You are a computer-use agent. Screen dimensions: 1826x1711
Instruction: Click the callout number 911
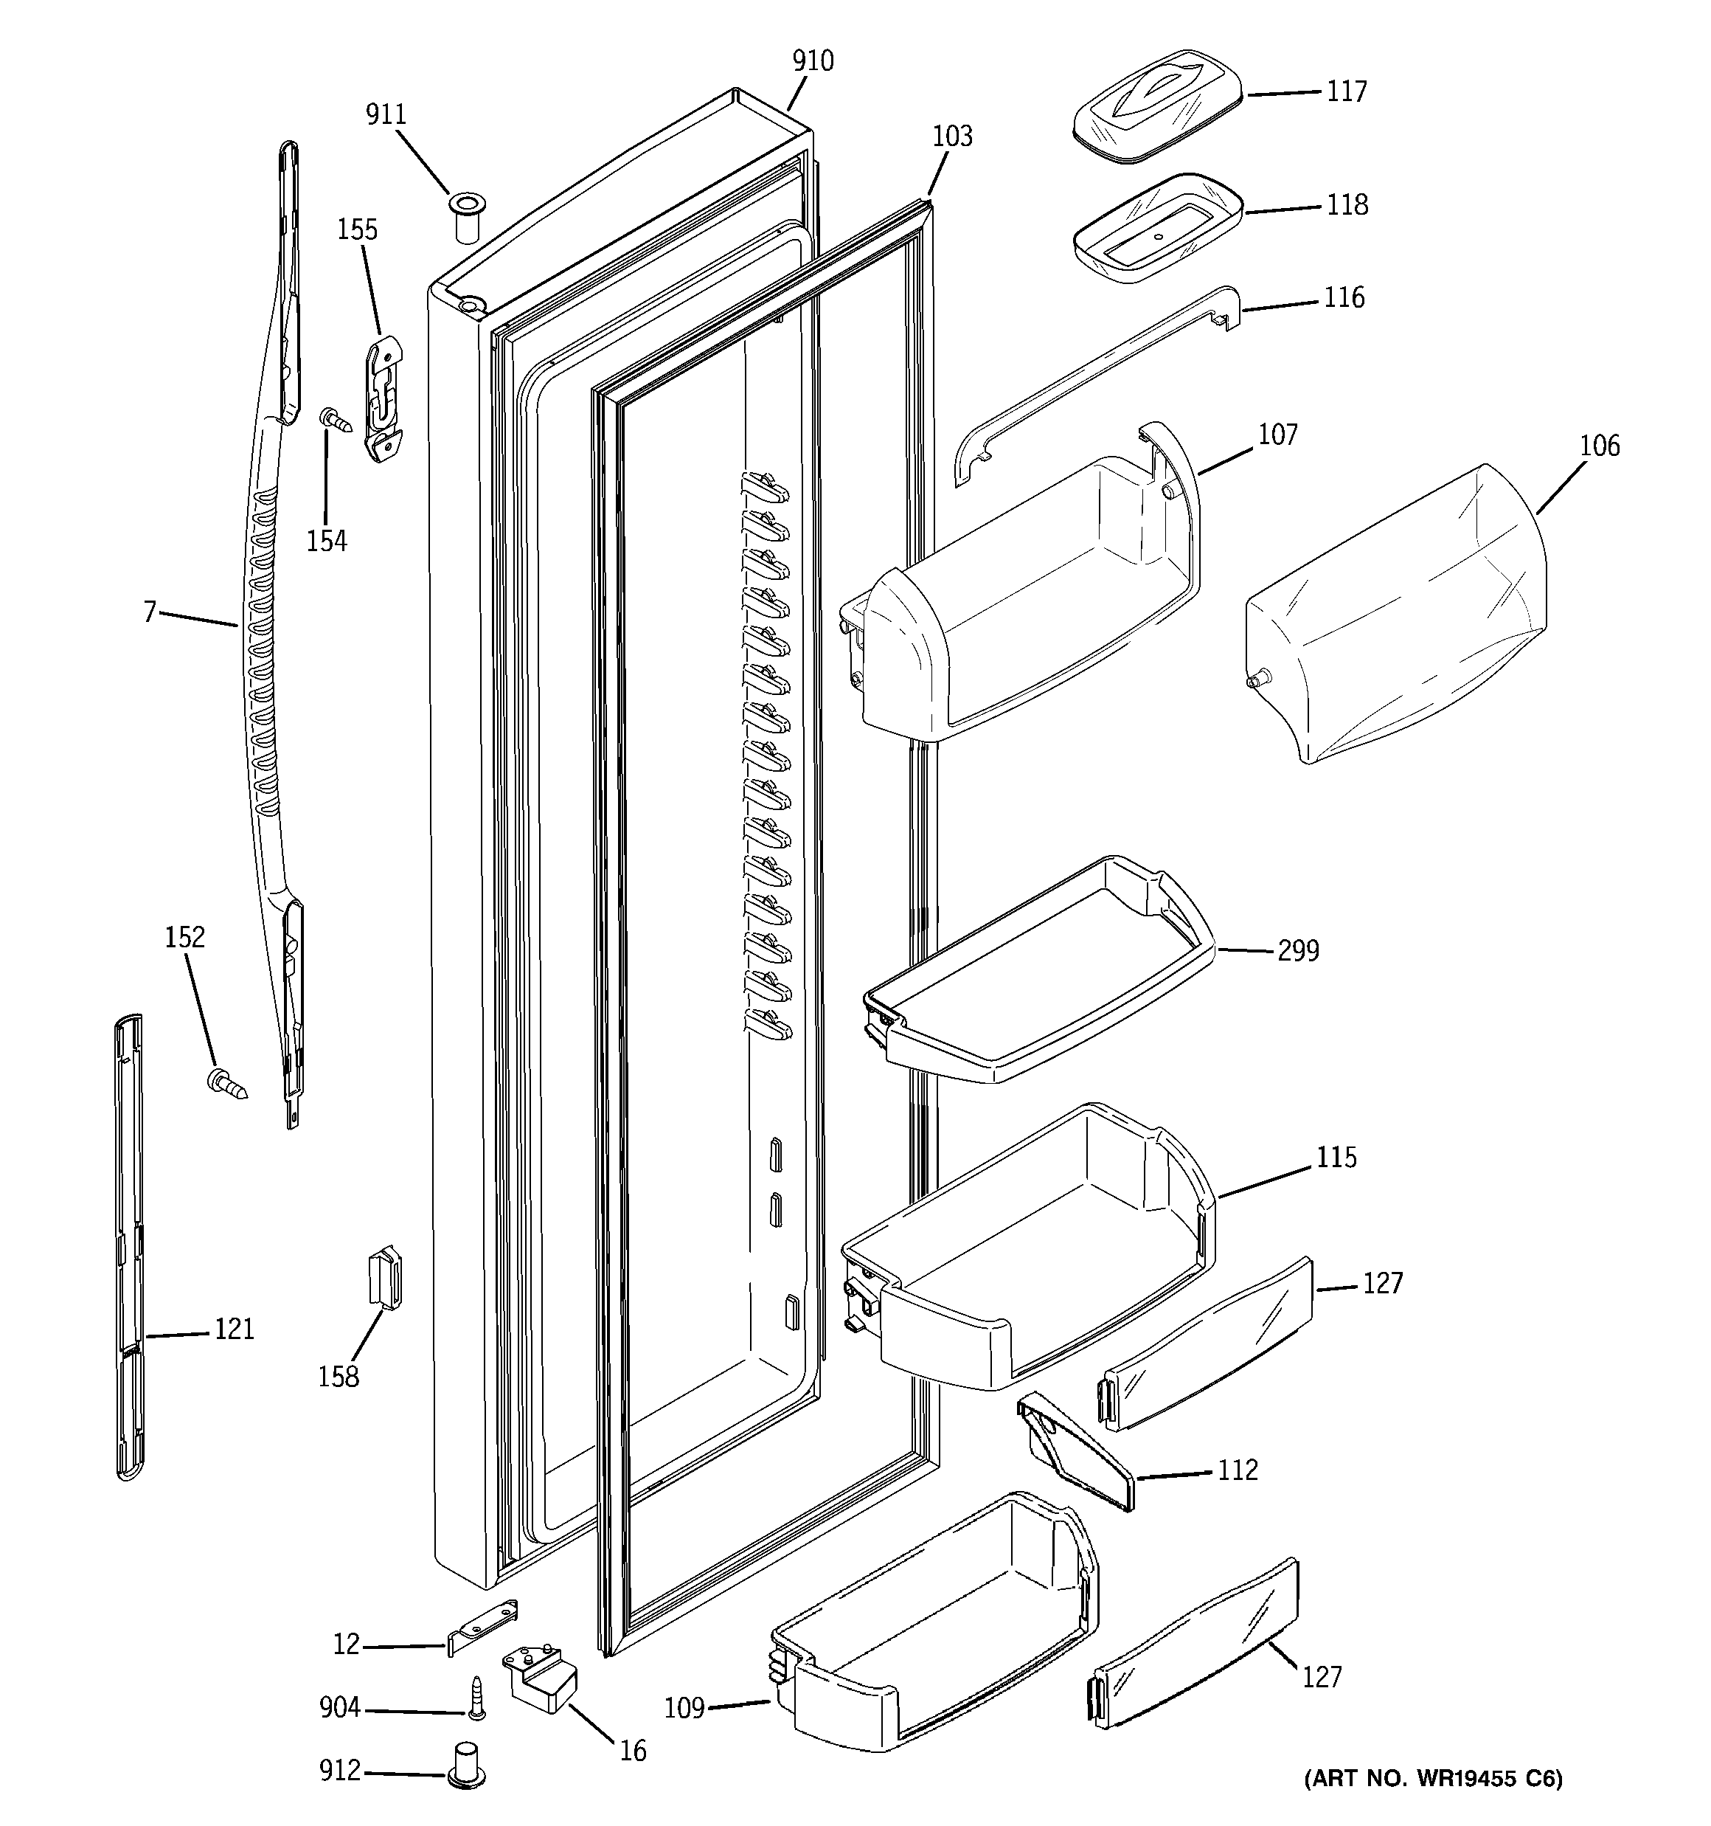click(386, 115)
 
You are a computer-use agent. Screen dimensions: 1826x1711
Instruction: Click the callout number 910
click(813, 61)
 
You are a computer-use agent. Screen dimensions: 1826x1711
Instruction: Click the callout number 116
click(1344, 297)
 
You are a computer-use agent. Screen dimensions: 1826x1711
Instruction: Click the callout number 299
click(1298, 951)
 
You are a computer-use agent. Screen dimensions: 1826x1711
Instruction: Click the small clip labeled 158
click(385, 1277)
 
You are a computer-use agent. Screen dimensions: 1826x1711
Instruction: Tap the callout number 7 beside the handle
click(150, 612)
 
